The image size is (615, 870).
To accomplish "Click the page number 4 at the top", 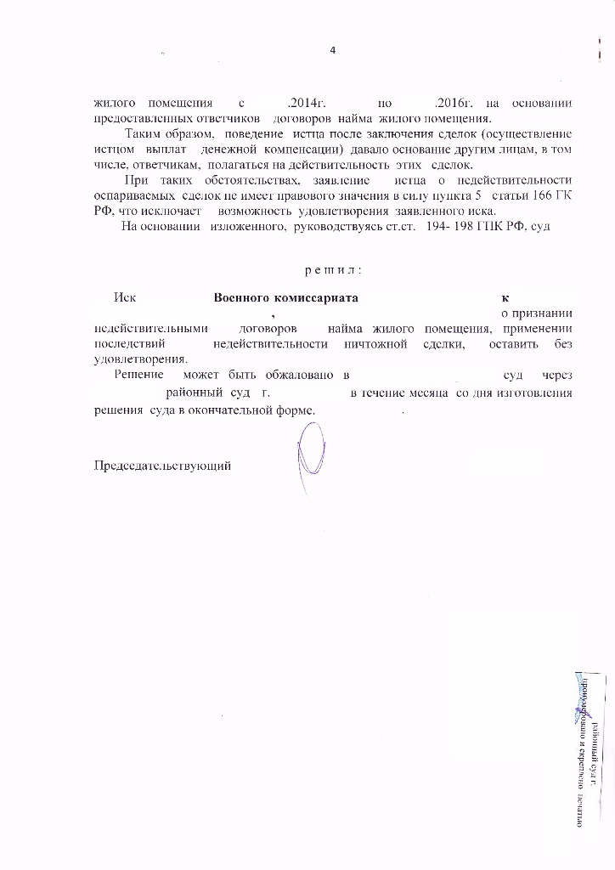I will [333, 50].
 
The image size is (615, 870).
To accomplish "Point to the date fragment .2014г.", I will [302, 104].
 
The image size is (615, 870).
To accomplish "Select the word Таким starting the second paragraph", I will [143, 134].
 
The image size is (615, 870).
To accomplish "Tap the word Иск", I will [126, 298].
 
